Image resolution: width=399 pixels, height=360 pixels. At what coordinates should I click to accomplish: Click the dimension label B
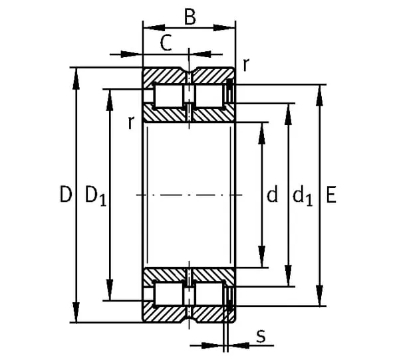click(190, 17)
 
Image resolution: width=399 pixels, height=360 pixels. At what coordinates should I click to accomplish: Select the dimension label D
click(65, 195)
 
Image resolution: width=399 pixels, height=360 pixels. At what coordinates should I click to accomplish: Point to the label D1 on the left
click(95, 195)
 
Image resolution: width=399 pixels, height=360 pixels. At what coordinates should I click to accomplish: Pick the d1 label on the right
click(303, 195)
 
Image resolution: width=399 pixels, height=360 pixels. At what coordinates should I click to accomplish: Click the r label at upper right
click(246, 64)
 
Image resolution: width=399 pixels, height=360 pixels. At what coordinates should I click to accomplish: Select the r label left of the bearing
click(131, 122)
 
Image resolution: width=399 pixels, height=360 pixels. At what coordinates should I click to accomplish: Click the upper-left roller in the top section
click(168, 95)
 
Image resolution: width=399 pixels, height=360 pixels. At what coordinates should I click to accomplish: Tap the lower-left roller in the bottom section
click(168, 294)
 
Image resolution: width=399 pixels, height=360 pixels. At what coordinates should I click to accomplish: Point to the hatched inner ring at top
click(189, 114)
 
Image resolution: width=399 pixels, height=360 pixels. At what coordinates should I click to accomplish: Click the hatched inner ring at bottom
click(189, 274)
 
